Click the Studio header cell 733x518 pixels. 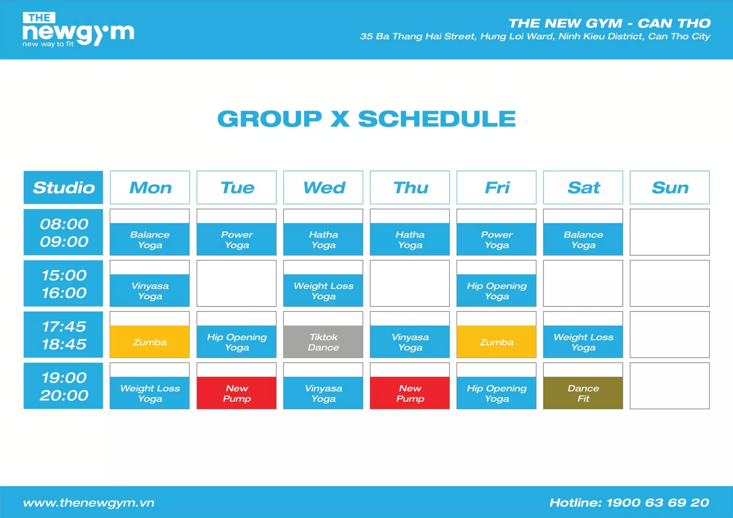63,187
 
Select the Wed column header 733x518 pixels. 323,187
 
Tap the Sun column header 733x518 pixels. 670,187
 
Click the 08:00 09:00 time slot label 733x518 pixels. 63,232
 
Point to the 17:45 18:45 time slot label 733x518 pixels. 63,335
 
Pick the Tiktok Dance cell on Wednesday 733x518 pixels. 323,342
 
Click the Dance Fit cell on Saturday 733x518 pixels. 583,393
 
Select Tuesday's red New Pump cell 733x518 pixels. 236,393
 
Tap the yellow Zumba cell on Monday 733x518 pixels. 150,342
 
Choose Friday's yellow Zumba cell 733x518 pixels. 496,342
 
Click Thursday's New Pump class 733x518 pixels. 410,393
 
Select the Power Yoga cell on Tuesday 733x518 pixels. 236,239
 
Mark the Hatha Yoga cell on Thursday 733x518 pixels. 410,239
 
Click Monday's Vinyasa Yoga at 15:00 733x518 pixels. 150,290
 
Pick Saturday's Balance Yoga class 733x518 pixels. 583,239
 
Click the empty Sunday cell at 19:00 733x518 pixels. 670,386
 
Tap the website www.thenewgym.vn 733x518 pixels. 89,503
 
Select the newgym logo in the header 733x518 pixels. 78,29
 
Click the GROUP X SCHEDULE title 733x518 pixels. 366,119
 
